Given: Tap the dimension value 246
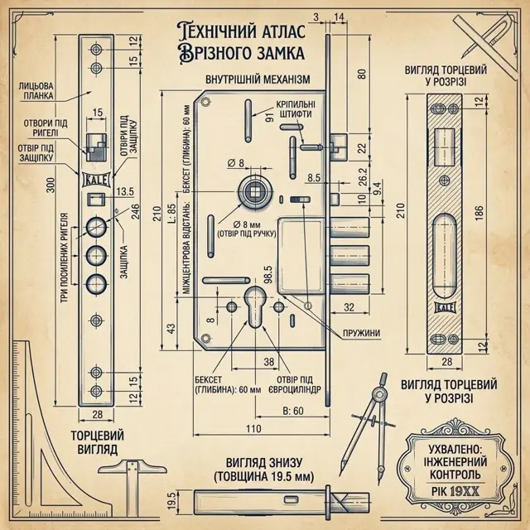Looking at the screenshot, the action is coord(135,211).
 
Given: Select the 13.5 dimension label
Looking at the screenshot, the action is coord(125,191).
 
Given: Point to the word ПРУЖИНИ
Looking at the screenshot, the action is coord(362,333).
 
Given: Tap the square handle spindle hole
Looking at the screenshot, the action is coord(254,192).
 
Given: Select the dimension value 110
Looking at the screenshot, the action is coord(253,429).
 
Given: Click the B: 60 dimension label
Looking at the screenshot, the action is coord(293,411).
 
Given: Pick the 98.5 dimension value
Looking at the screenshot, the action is coord(268,274).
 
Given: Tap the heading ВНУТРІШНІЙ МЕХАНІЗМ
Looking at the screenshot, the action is coord(258,79).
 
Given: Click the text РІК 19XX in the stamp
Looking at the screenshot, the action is coord(455,491).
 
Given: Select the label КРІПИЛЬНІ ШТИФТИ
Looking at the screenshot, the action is coord(296,108).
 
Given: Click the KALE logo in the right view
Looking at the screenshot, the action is coord(446,307).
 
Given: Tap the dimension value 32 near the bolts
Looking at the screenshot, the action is coord(349,307).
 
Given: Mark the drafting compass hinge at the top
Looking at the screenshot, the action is coord(380,394).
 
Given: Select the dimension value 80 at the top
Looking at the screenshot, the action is coord(363,74).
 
